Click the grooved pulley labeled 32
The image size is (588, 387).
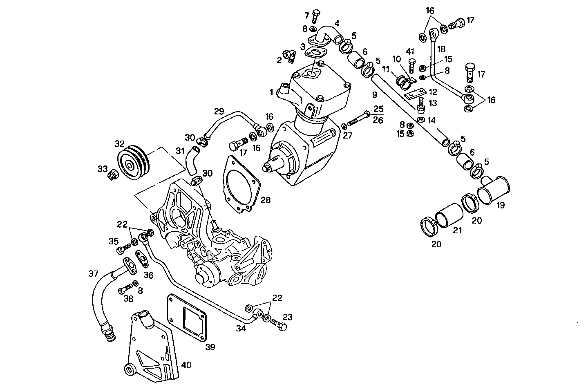pyautogui.click(x=133, y=163)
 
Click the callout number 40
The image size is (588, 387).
pyautogui.click(x=186, y=365)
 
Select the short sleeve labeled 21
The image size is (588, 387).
pyautogui.click(x=449, y=214)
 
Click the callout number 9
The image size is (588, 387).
pyautogui.click(x=374, y=96)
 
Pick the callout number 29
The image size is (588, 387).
pyautogui.click(x=219, y=112)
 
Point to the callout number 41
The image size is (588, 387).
pyautogui.click(x=410, y=51)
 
